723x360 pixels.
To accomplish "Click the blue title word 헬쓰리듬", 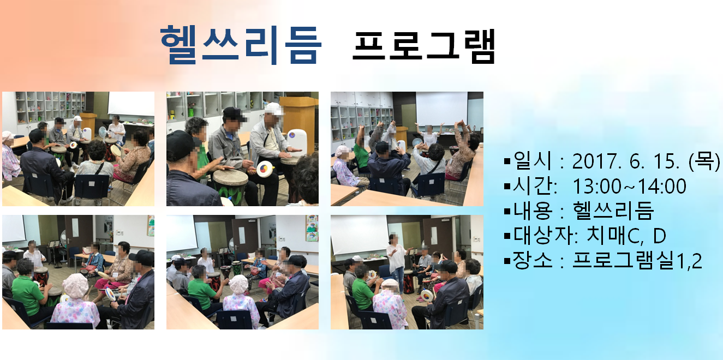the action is click(x=241, y=45).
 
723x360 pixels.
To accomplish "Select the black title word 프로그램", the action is click(x=424, y=46).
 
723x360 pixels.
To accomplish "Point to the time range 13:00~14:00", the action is click(x=629, y=186).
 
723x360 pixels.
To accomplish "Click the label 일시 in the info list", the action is click(x=532, y=161).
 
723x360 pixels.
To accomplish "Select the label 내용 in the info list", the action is click(x=532, y=211).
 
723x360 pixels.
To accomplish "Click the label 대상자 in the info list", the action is click(x=542, y=236).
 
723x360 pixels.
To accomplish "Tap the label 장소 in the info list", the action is click(x=532, y=260).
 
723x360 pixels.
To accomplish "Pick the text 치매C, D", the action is click(x=626, y=236).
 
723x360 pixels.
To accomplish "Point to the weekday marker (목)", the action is click(x=704, y=161).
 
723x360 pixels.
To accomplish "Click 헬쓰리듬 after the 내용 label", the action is click(x=613, y=211).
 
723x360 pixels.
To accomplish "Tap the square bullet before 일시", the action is click(x=507, y=161).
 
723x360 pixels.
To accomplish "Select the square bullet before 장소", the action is click(x=507, y=261).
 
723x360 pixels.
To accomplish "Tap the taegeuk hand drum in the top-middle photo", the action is click(x=266, y=169).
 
